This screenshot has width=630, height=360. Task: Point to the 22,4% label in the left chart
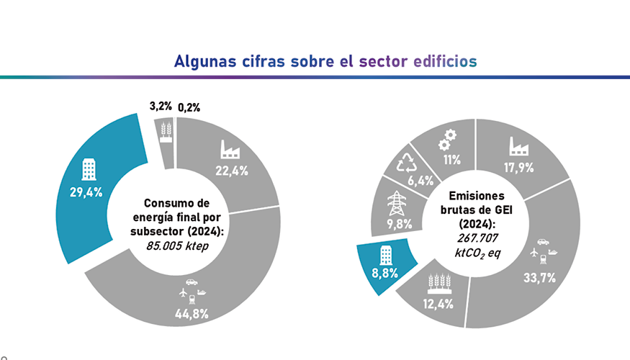(x=232, y=171)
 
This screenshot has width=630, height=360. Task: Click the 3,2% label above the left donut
(x=161, y=107)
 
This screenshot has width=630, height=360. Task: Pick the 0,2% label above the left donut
(x=189, y=108)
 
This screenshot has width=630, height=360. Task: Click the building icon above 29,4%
(x=88, y=170)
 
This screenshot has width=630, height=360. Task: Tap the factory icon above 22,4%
(x=232, y=149)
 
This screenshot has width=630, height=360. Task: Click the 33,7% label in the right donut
(x=540, y=278)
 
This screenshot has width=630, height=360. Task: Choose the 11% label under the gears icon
(x=451, y=159)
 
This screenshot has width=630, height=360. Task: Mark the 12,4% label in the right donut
(x=438, y=304)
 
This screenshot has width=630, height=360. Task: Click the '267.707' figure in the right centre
(x=478, y=238)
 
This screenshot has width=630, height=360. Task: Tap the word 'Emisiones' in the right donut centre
(x=477, y=195)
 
